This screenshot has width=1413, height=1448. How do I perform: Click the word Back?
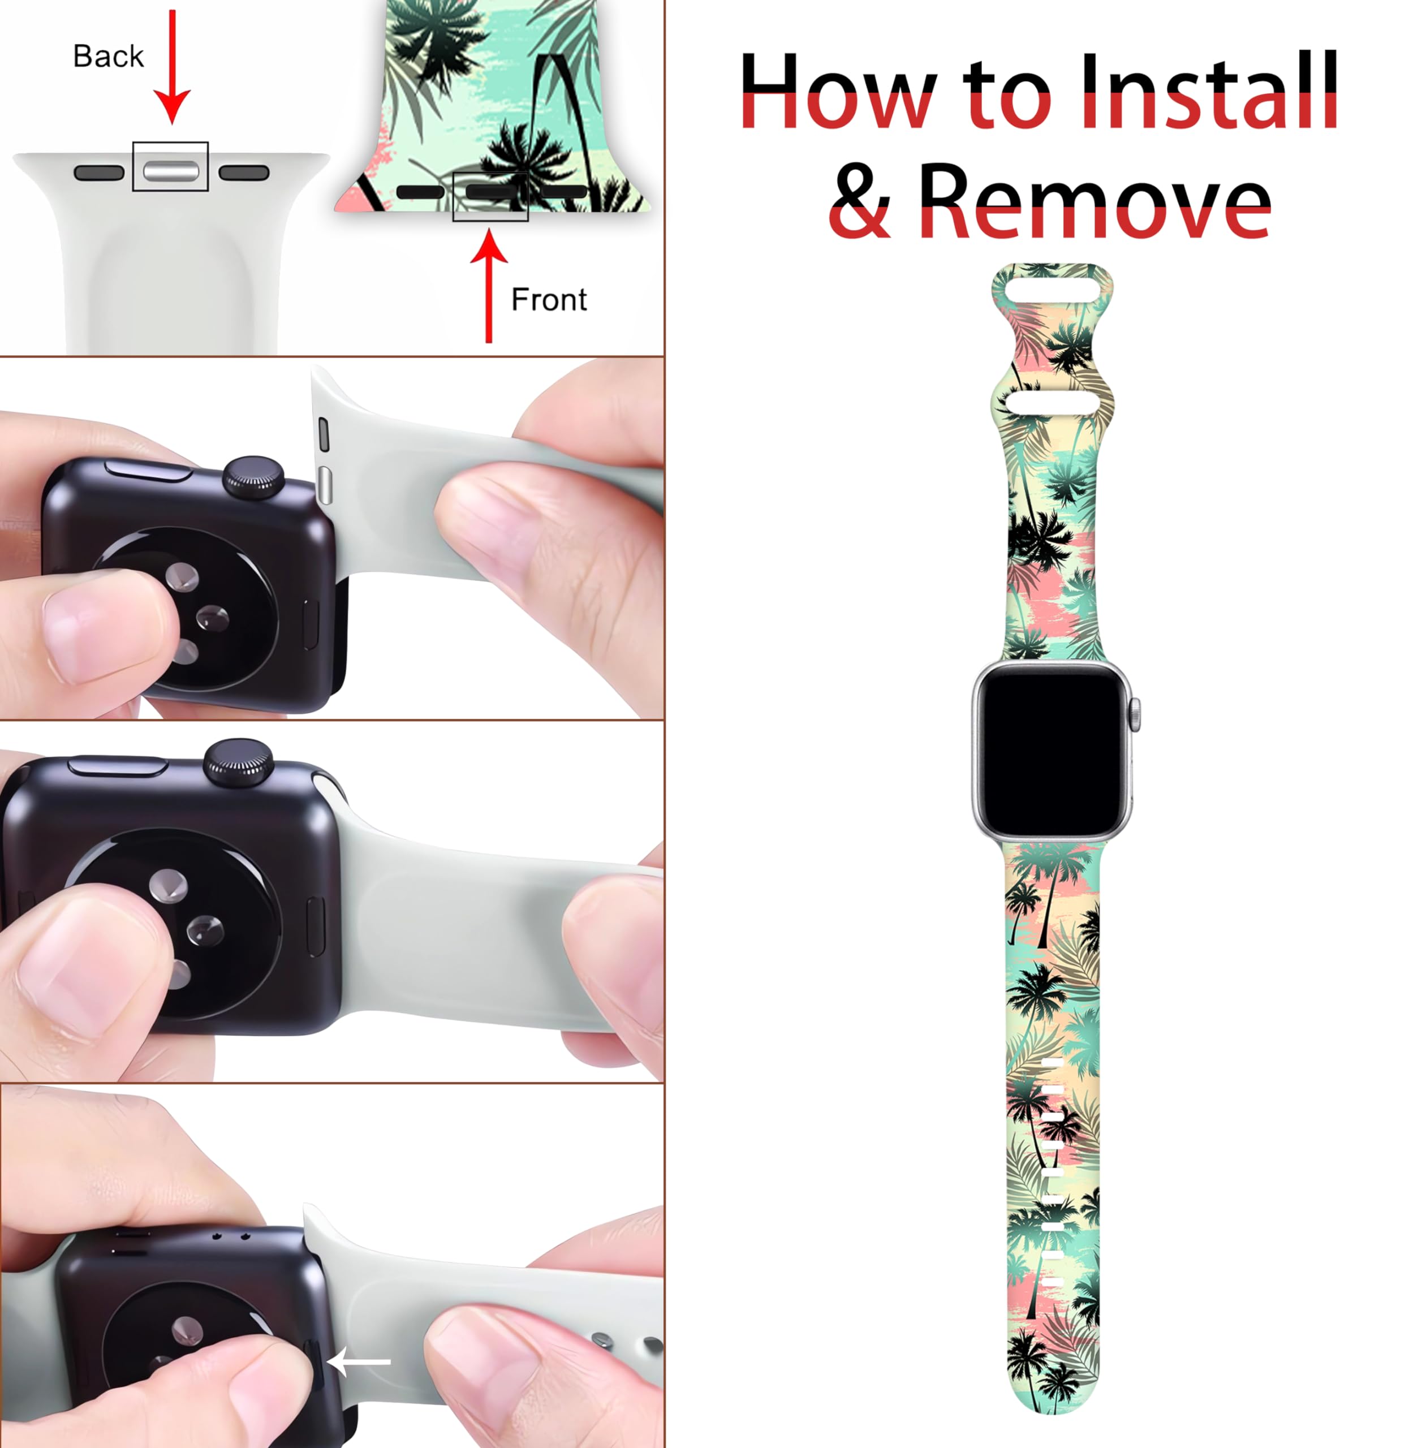click(x=109, y=57)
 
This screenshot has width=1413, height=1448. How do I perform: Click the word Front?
click(x=549, y=300)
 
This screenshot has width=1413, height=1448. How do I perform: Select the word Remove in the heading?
click(x=1095, y=202)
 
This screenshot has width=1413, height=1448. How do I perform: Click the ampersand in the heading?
click(x=859, y=202)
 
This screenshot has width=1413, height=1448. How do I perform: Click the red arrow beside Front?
click(x=488, y=286)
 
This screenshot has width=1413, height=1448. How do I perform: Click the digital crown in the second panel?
click(x=255, y=476)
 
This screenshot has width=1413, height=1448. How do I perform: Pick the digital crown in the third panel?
click(x=238, y=761)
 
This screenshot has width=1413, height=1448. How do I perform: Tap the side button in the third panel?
click(x=119, y=766)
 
